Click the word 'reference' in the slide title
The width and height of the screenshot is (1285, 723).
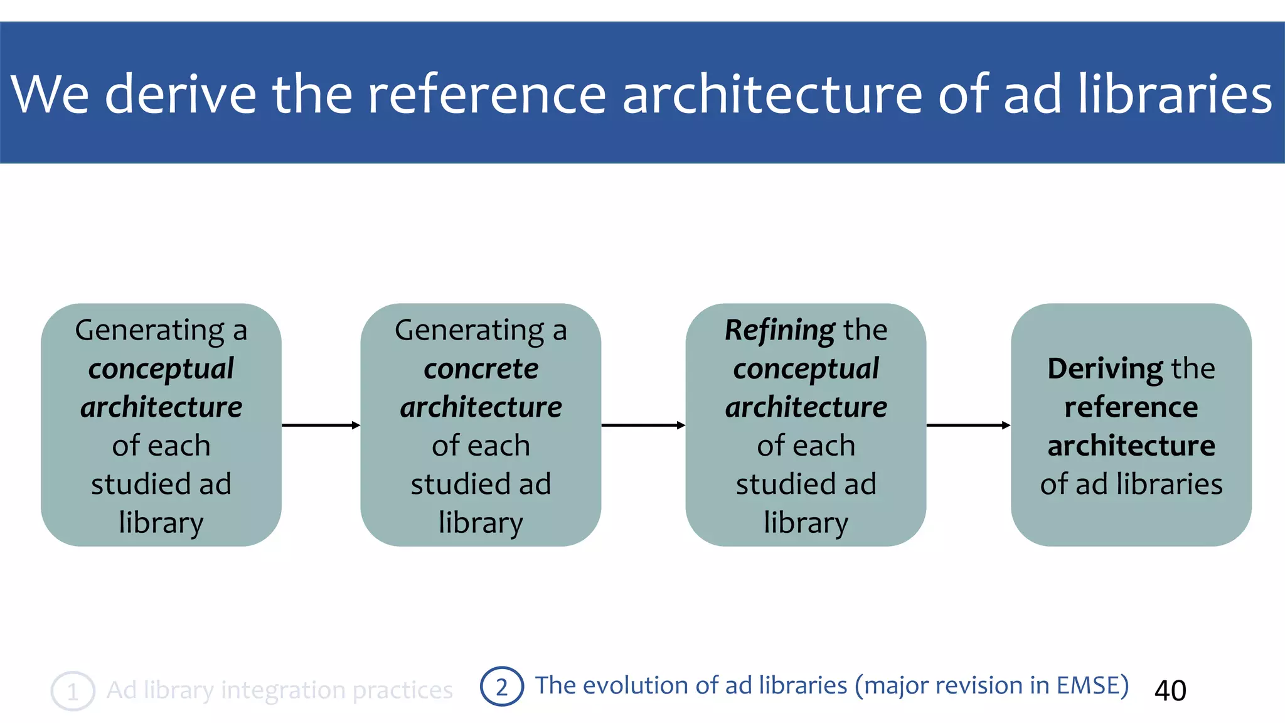(x=486, y=94)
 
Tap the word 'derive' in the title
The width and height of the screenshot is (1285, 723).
(x=181, y=94)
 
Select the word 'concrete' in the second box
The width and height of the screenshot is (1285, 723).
(x=481, y=368)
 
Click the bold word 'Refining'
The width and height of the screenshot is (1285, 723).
(x=779, y=330)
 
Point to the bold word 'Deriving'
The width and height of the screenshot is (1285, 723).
(x=1105, y=368)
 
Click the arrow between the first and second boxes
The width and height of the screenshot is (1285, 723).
(x=321, y=426)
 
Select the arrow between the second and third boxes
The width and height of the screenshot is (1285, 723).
(x=642, y=426)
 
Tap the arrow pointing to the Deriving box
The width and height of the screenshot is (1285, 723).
(x=968, y=426)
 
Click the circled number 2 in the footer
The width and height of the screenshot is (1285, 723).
(x=501, y=687)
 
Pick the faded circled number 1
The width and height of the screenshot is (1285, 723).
(x=73, y=691)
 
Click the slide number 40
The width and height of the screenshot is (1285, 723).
(x=1170, y=690)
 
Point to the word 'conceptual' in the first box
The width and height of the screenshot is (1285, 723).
(x=161, y=368)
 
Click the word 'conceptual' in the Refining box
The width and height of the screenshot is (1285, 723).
(x=806, y=368)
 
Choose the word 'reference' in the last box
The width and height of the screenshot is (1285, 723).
(x=1131, y=407)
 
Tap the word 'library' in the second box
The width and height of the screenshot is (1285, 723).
(x=481, y=522)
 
